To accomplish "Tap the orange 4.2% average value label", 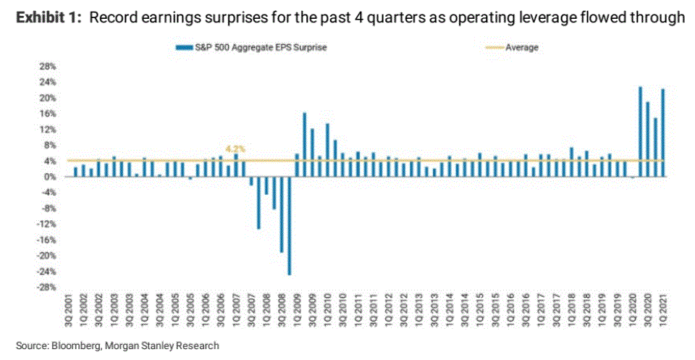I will tap(236, 149).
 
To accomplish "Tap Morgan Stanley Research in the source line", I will tap(162, 346).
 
